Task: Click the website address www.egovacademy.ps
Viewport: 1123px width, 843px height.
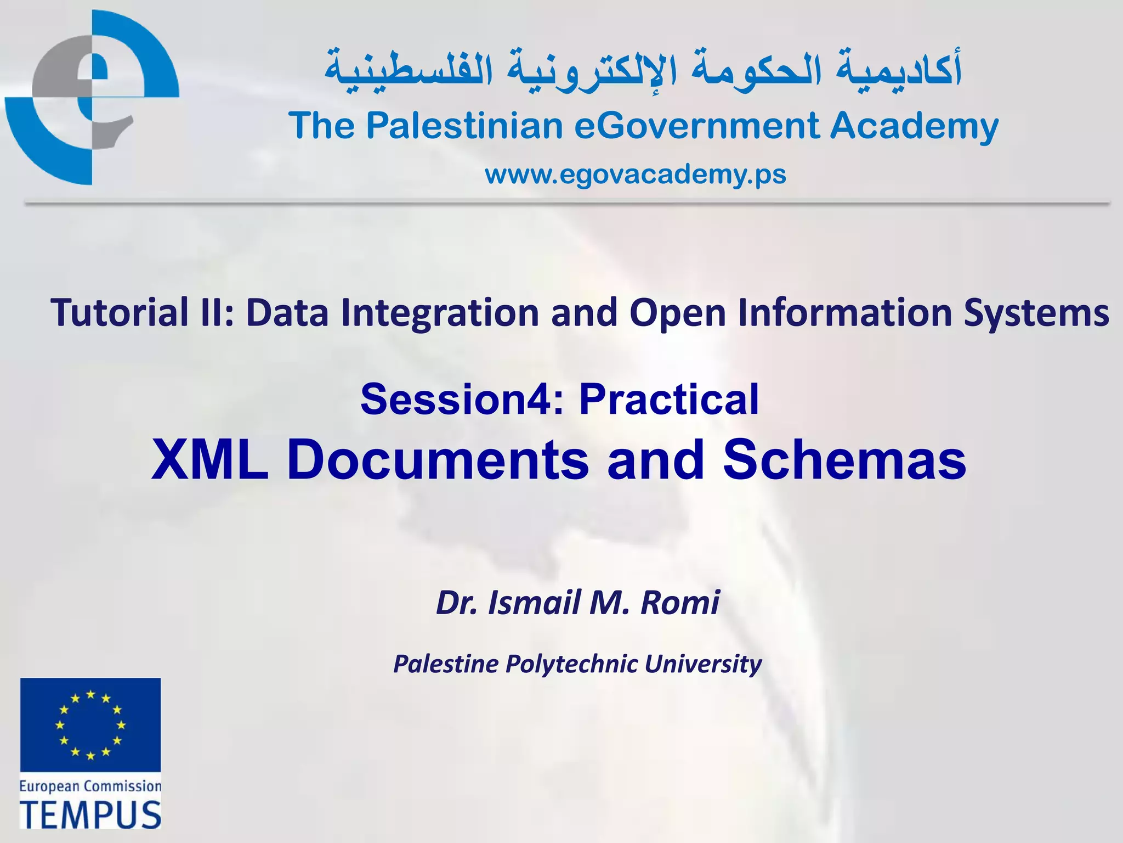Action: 635,175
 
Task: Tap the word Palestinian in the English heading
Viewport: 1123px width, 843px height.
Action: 464,126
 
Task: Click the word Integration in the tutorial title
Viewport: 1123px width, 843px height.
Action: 439,312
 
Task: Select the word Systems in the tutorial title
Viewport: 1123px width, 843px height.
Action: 1036,313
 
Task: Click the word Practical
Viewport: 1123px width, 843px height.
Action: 668,399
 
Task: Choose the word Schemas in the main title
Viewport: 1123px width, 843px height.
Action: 844,460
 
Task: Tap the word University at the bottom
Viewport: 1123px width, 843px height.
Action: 703,664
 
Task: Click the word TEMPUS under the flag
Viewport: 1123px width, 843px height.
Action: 90,814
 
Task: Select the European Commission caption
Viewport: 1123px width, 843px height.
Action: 90,786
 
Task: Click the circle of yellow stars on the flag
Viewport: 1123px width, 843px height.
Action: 90,725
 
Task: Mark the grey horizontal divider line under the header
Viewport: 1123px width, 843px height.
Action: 567,203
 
